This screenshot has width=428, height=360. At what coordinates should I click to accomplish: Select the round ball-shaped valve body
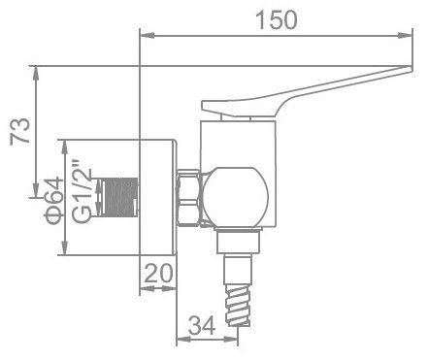(238, 195)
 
